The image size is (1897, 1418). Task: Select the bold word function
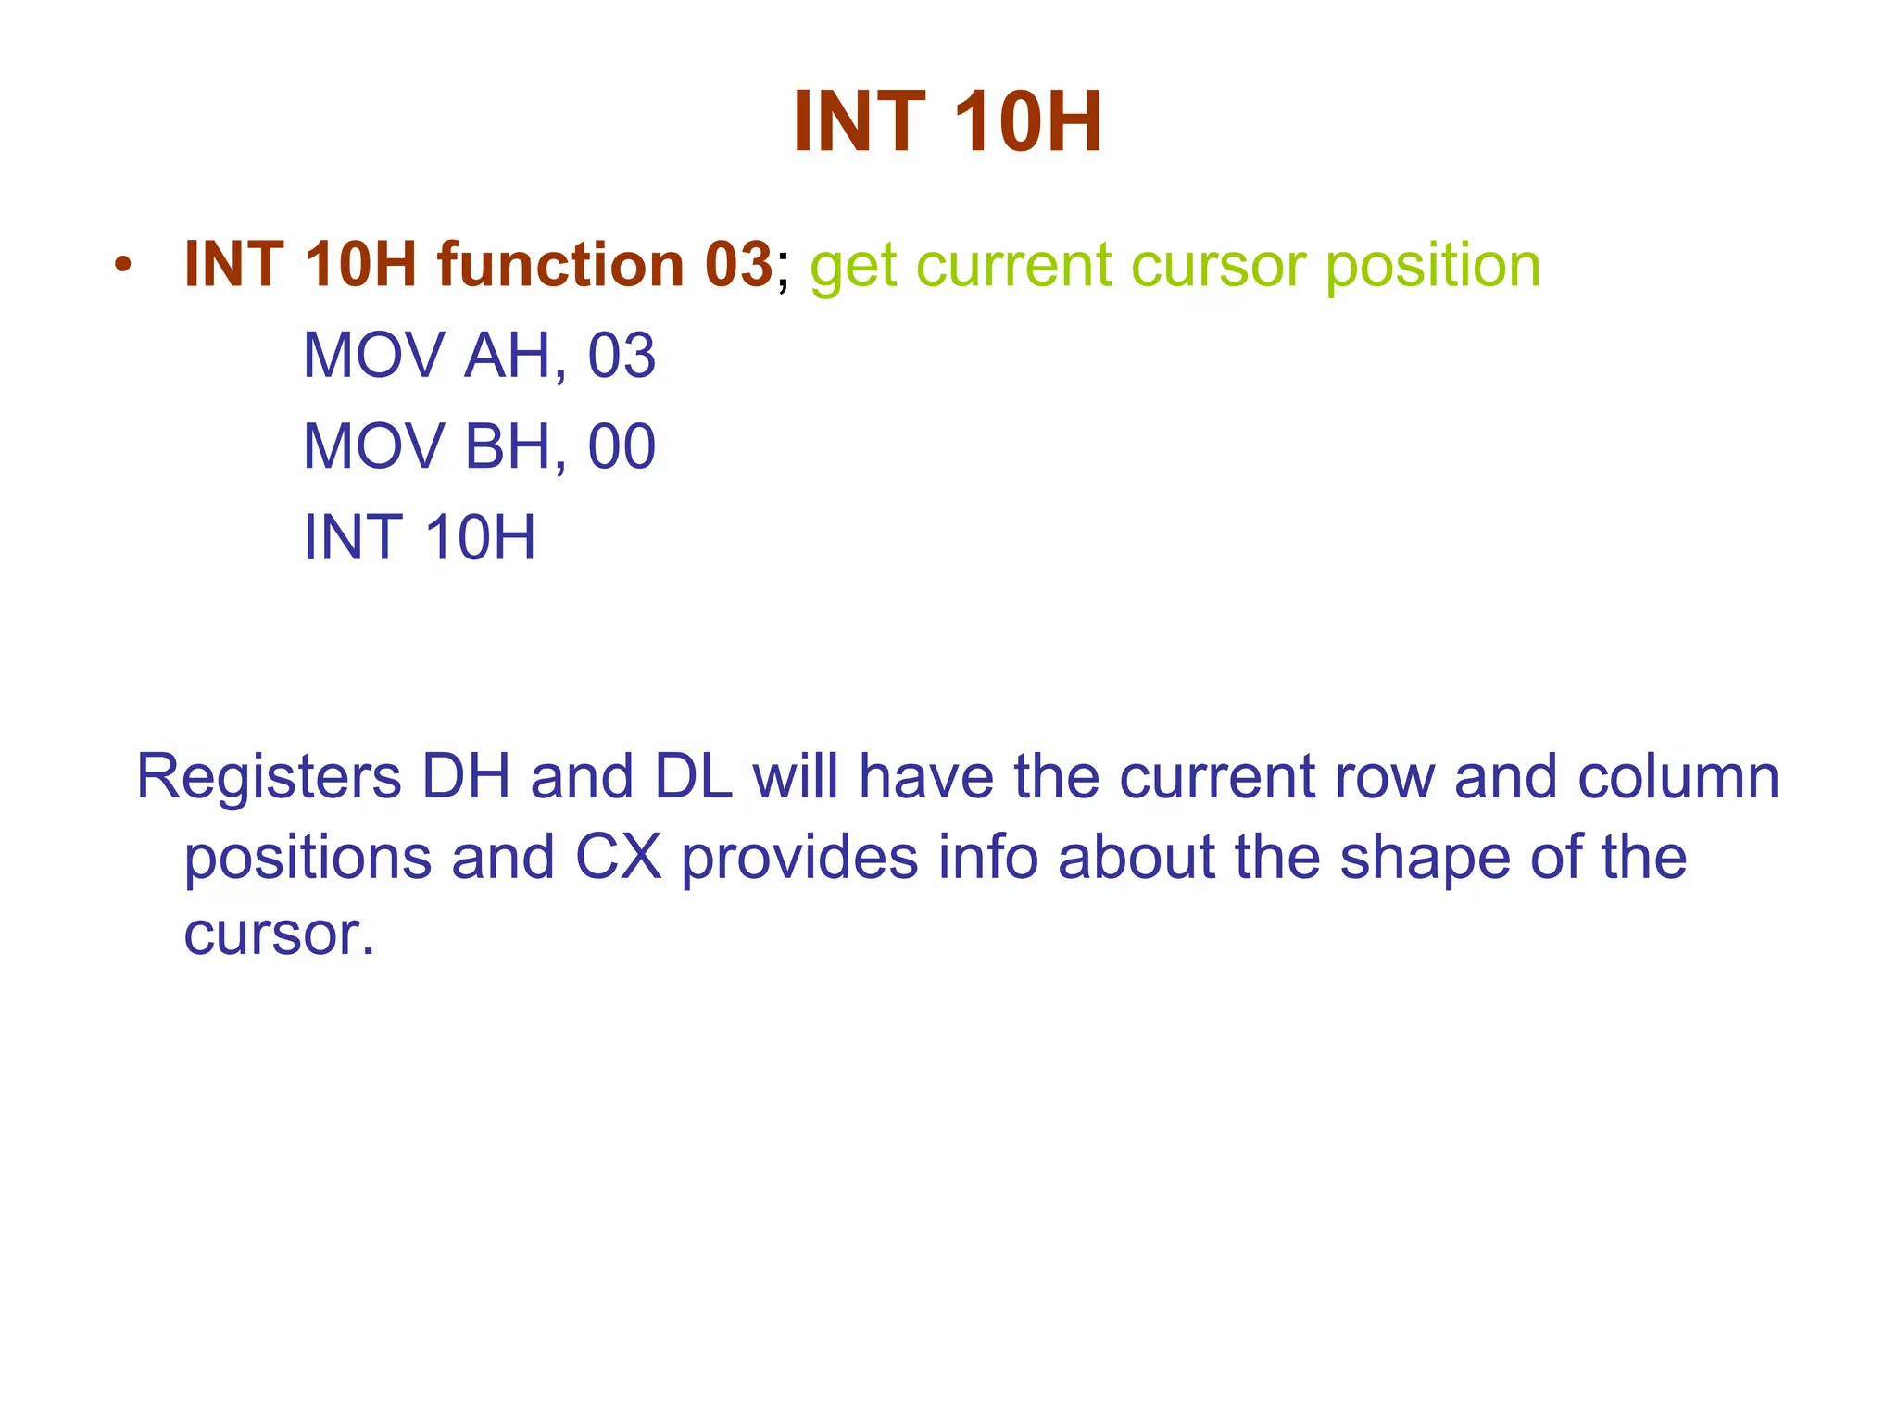click(x=560, y=265)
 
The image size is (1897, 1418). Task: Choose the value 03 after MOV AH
click(x=622, y=356)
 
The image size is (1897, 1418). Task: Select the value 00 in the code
click(x=622, y=446)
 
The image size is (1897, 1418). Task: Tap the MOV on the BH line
click(x=374, y=446)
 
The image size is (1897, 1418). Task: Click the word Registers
click(x=269, y=777)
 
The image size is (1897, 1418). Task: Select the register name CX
click(x=619, y=857)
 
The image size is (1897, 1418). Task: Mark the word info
click(x=987, y=857)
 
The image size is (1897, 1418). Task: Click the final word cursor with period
click(x=279, y=935)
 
